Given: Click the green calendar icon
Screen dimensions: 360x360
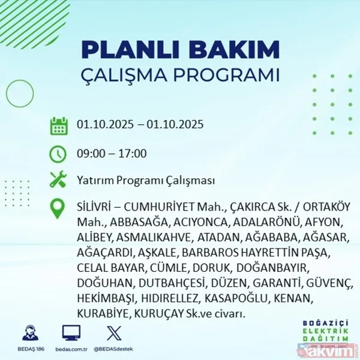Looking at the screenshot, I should pyautogui.click(x=58, y=126).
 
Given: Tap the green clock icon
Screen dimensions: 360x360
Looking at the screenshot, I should pyautogui.click(x=58, y=154).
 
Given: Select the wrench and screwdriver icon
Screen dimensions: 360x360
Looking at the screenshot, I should pyautogui.click(x=58, y=180).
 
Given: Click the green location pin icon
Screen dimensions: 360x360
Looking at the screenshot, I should pyautogui.click(x=58, y=208).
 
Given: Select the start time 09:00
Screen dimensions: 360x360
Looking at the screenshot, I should pyautogui.click(x=91, y=154).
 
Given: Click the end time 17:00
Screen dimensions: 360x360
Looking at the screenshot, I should pyautogui.click(x=132, y=154).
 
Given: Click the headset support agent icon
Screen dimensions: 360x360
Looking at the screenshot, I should pyautogui.click(x=29, y=332).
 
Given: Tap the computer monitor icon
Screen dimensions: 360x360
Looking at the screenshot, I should pyautogui.click(x=71, y=332).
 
